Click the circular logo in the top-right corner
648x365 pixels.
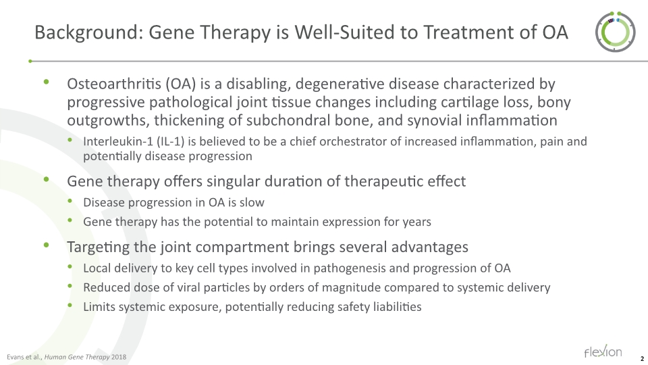614,32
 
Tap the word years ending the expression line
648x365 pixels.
415,221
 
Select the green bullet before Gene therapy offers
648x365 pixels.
47,180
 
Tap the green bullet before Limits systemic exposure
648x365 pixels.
72,306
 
